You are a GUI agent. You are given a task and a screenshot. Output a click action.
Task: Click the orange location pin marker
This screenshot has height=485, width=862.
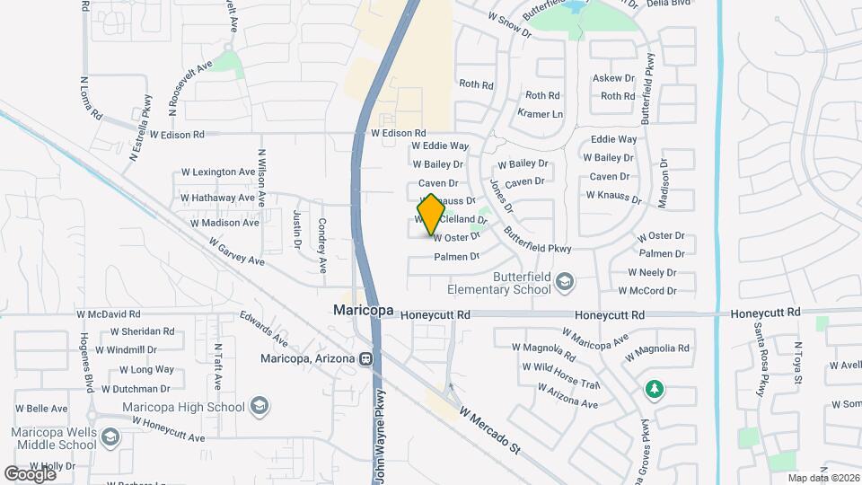(431, 215)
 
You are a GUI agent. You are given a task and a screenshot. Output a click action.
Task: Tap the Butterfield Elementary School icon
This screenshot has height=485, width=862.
(563, 283)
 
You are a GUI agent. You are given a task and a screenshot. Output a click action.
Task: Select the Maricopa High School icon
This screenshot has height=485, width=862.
(259, 406)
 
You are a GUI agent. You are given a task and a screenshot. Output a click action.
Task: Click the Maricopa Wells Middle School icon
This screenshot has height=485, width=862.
(110, 437)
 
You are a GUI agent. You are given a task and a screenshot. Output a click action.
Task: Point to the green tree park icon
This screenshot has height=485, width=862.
(654, 389)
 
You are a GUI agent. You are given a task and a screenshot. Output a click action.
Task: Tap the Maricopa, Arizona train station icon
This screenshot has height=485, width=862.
(366, 359)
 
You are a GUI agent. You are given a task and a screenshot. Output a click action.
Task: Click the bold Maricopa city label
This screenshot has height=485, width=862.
(363, 310)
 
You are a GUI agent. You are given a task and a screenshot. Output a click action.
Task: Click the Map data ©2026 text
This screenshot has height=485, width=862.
(822, 478)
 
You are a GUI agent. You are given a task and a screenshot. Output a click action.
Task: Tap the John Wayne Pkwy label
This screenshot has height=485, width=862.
(381, 436)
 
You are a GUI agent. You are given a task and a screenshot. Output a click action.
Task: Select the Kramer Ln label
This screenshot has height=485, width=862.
(541, 114)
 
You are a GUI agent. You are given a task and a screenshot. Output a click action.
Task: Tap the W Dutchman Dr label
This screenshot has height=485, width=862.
(136, 389)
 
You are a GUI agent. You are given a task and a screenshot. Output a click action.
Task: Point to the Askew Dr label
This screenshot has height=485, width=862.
(613, 78)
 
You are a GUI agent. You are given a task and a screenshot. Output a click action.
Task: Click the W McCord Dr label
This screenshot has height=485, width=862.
(646, 291)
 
